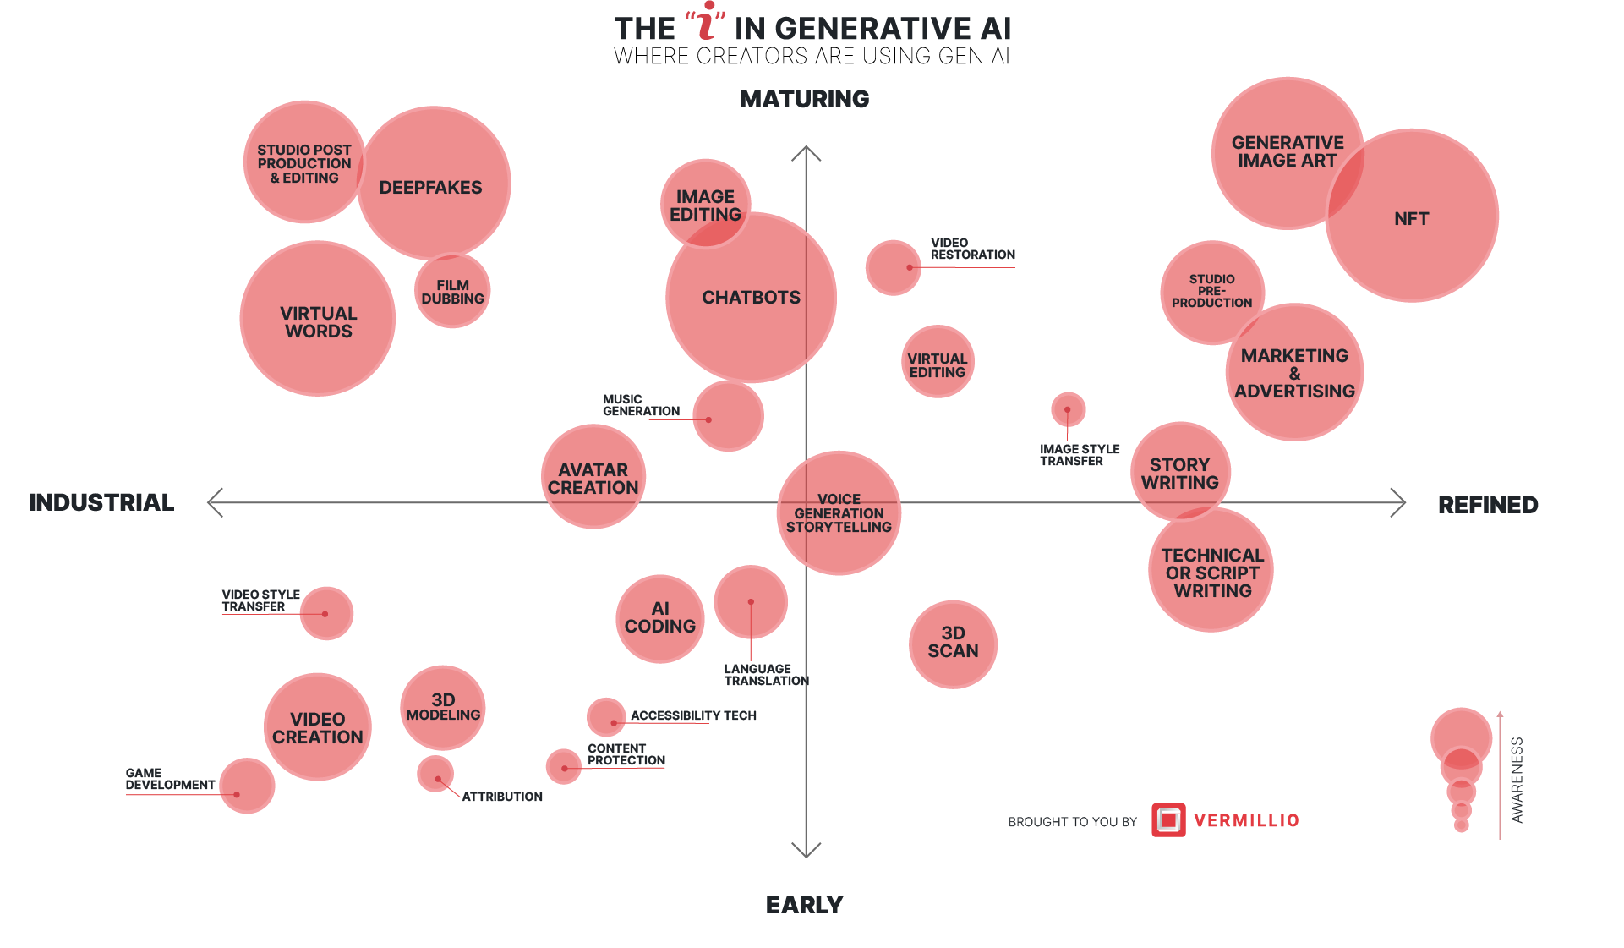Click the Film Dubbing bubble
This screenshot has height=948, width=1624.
pyautogui.click(x=452, y=291)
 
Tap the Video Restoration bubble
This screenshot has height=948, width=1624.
pyautogui.click(x=893, y=268)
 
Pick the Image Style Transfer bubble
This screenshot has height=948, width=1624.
pyautogui.click(x=1068, y=409)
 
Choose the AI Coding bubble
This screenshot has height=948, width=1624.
pyautogui.click(x=659, y=619)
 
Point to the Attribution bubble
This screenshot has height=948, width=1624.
pyautogui.click(x=435, y=774)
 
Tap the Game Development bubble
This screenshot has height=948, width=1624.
pyautogui.click(x=247, y=786)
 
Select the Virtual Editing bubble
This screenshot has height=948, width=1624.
pyautogui.click(x=937, y=362)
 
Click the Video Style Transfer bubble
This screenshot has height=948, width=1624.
pyautogui.click(x=326, y=613)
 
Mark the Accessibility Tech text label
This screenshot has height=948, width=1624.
pyautogui.click(x=693, y=715)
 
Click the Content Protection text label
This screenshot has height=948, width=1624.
pyautogui.click(x=626, y=754)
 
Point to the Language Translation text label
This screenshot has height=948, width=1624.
pyautogui.click(x=766, y=675)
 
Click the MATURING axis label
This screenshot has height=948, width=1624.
pyautogui.click(x=804, y=99)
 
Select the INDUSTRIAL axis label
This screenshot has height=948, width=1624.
pyautogui.click(x=101, y=502)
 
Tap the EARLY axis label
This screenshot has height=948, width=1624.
pyautogui.click(x=804, y=905)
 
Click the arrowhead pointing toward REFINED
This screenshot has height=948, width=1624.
pyautogui.click(x=1399, y=502)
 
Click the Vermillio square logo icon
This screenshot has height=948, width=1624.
pyautogui.click(x=1168, y=820)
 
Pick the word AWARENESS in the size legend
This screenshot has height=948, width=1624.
pyautogui.click(x=1517, y=780)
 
